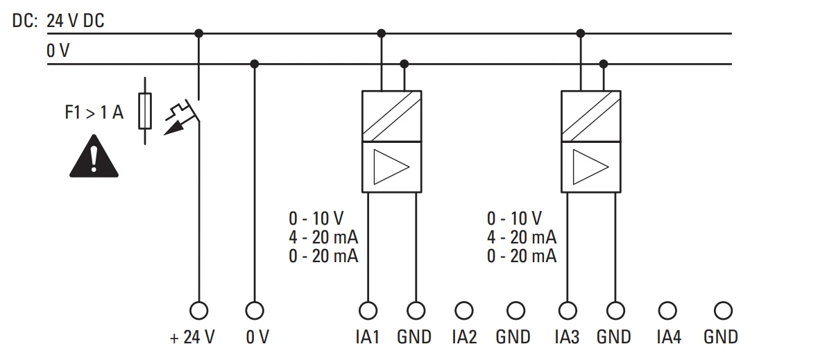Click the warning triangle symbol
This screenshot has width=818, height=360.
[x=94, y=157]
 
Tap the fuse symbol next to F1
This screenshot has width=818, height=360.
[x=145, y=111]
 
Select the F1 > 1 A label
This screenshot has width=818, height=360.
[x=94, y=112]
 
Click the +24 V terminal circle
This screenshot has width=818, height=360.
[x=198, y=311]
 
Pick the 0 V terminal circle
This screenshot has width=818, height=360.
[x=255, y=311]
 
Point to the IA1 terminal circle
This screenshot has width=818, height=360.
[x=368, y=311]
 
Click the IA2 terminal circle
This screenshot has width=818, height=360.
[x=463, y=311]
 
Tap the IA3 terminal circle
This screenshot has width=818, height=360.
[x=568, y=311]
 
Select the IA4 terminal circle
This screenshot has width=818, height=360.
[x=667, y=311]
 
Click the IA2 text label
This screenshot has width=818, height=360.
[x=464, y=337]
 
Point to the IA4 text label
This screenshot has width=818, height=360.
[x=669, y=337]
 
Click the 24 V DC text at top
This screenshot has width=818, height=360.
[x=76, y=21]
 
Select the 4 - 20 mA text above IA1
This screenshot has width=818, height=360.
[x=323, y=237]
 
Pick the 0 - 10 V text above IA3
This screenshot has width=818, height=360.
[x=514, y=218]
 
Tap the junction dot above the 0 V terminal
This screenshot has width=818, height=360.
[x=255, y=65]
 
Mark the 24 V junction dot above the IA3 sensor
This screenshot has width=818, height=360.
[x=581, y=33]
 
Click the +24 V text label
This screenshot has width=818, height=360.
[x=192, y=337]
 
